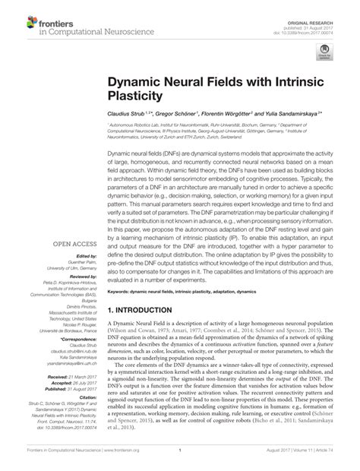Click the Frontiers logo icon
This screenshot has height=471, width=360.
tap(17, 22)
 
